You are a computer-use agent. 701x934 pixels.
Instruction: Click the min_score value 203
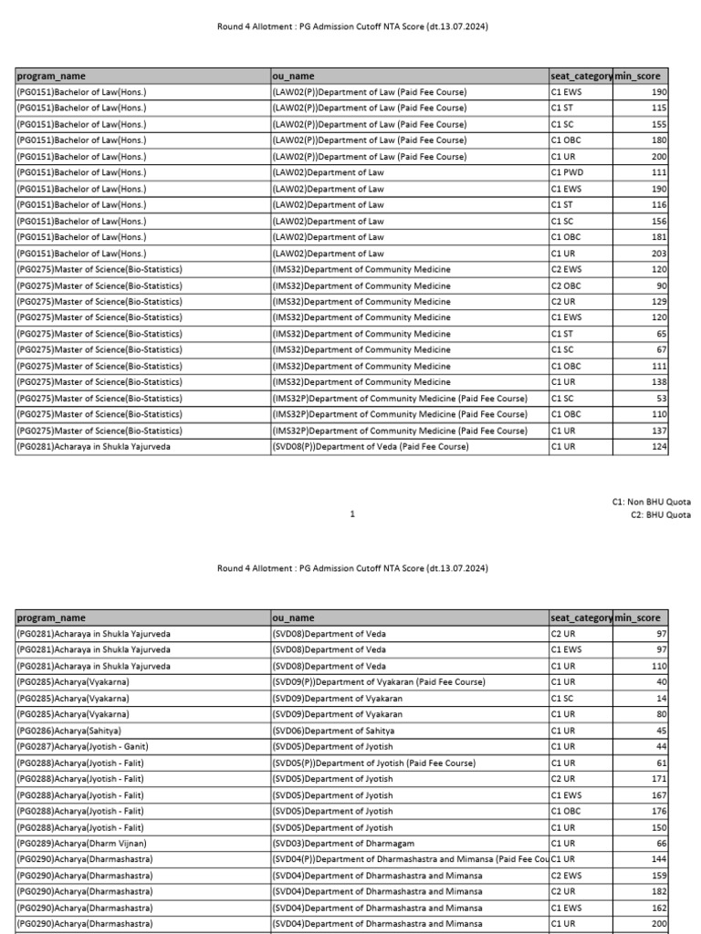[658, 254]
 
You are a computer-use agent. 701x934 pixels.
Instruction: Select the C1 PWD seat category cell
[567, 172]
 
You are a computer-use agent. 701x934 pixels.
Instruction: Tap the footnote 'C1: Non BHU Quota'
[651, 502]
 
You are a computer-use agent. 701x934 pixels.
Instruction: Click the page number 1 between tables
[352, 514]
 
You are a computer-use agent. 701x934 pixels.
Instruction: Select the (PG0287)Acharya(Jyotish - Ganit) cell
[83, 747]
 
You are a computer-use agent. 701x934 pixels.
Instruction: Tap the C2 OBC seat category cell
[567, 285]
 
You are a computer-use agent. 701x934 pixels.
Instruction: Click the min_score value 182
[658, 892]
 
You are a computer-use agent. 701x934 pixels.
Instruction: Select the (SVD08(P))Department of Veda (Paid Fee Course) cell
[371, 447]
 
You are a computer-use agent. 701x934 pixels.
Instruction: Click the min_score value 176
[658, 811]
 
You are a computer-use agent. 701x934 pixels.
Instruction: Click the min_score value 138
[658, 382]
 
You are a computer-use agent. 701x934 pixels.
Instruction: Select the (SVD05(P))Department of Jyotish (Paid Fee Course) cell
[374, 763]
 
